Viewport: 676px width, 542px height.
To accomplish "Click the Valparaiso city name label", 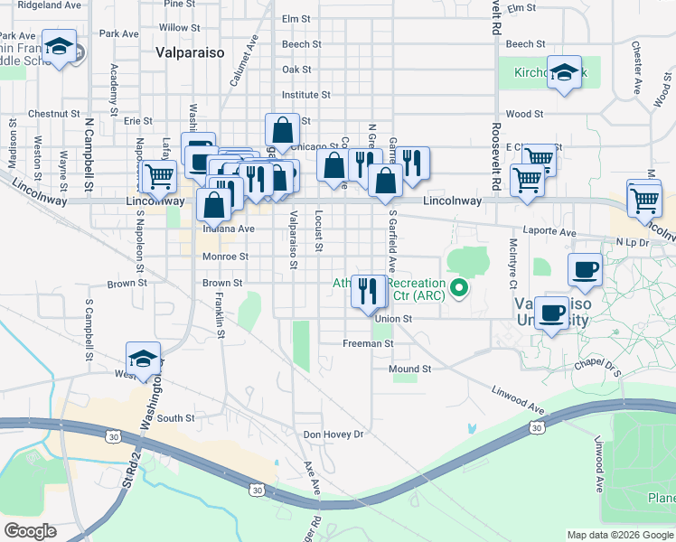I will point(190,52).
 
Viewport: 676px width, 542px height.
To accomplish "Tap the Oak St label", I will point(296,70).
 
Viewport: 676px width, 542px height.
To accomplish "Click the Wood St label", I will point(524,115).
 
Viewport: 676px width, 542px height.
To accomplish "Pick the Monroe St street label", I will point(225,257).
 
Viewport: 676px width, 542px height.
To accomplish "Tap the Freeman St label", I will point(368,344).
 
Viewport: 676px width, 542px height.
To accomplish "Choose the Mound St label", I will point(409,369).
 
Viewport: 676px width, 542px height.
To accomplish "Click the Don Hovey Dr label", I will point(333,435).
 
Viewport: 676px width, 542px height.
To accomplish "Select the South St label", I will point(175,418).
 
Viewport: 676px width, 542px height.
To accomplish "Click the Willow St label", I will point(173,28).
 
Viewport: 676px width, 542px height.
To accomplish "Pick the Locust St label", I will point(319,229).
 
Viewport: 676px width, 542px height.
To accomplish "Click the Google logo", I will point(30,531).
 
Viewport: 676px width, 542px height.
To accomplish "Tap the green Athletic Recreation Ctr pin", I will point(459,290).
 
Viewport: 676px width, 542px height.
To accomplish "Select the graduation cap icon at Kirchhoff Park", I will point(566,75).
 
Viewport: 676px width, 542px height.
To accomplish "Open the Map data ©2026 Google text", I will point(619,535).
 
